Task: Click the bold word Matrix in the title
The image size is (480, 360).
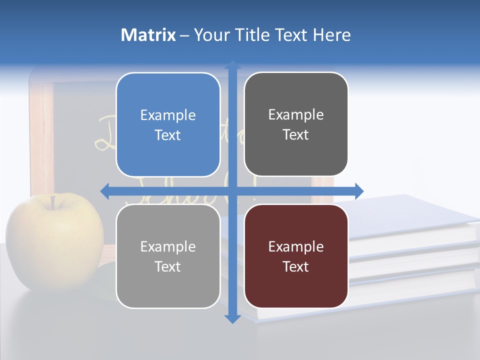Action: [148, 35]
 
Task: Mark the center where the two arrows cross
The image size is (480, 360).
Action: [232, 190]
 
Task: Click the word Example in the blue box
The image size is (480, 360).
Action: [168, 115]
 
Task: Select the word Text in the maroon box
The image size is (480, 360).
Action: [296, 266]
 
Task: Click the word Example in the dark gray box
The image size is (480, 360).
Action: [296, 115]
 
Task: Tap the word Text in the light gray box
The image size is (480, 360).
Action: [168, 266]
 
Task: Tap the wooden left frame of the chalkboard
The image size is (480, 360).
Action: [42, 140]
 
